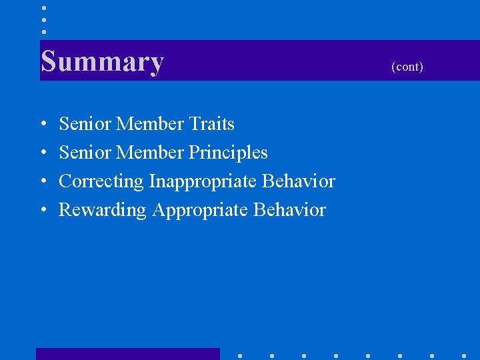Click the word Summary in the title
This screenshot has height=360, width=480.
[102, 61]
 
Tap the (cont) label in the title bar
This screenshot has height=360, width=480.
[407, 67]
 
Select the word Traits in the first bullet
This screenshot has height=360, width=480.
[211, 124]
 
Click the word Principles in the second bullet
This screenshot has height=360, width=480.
[228, 153]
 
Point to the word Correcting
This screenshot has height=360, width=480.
[101, 181]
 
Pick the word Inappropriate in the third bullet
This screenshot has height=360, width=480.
[203, 181]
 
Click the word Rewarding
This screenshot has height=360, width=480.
[103, 210]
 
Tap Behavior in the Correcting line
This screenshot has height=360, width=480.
[299, 181]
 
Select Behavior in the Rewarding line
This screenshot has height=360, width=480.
[289, 210]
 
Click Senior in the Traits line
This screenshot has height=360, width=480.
[85, 124]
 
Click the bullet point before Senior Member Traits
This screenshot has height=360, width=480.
[43, 125]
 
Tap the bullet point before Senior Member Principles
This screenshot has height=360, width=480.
[43, 153]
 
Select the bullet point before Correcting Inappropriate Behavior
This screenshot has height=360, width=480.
[43, 182]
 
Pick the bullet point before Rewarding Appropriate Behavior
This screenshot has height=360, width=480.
[43, 211]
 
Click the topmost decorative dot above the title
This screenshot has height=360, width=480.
[43, 8]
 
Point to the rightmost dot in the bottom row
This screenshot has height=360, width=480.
[464, 355]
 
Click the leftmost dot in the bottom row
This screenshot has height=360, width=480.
[239, 355]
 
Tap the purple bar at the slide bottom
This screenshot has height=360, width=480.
[127, 354]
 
